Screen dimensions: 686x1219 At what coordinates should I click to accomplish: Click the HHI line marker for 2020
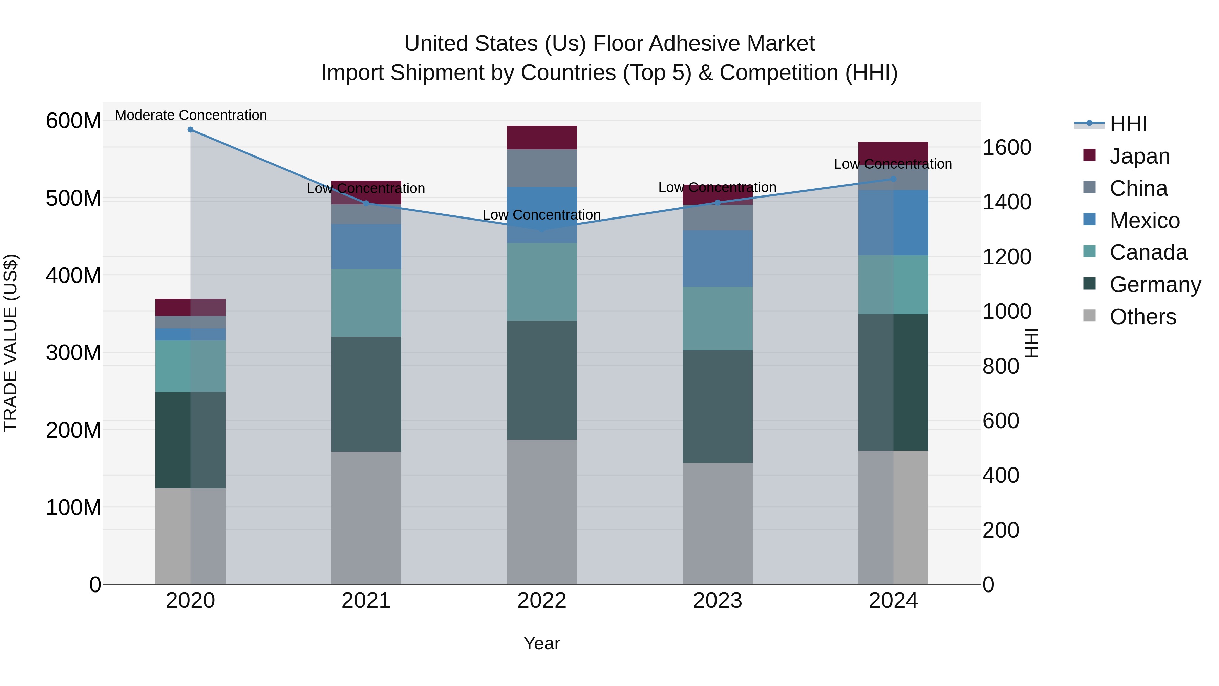coord(190,130)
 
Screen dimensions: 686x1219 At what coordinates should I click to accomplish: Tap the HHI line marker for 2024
coord(893,179)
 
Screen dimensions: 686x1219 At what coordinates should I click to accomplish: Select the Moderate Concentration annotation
coord(191,115)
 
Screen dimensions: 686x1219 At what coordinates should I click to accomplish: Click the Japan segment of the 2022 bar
coord(542,137)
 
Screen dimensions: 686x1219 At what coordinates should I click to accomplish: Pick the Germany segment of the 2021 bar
coord(366,394)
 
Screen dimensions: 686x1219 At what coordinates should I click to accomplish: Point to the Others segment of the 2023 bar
coord(718,523)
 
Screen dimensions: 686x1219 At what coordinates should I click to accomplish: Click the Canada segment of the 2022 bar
coord(542,282)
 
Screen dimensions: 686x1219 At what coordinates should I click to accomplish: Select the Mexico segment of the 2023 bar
coord(718,258)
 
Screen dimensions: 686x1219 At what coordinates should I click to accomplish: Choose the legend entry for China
coord(1138,188)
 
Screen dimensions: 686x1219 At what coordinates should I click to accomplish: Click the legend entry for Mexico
coord(1144,221)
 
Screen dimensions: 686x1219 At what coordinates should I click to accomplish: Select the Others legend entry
coord(1142,317)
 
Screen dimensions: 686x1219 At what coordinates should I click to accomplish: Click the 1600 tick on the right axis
coord(1007,148)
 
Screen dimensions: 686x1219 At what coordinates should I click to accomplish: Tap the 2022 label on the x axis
coord(542,601)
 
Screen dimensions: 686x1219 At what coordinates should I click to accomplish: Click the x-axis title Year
coord(542,643)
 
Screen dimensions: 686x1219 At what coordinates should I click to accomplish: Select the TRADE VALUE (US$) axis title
coord(10,343)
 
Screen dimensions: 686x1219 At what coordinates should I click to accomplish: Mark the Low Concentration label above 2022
coord(542,214)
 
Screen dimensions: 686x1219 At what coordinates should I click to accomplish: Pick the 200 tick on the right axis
coord(1000,530)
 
